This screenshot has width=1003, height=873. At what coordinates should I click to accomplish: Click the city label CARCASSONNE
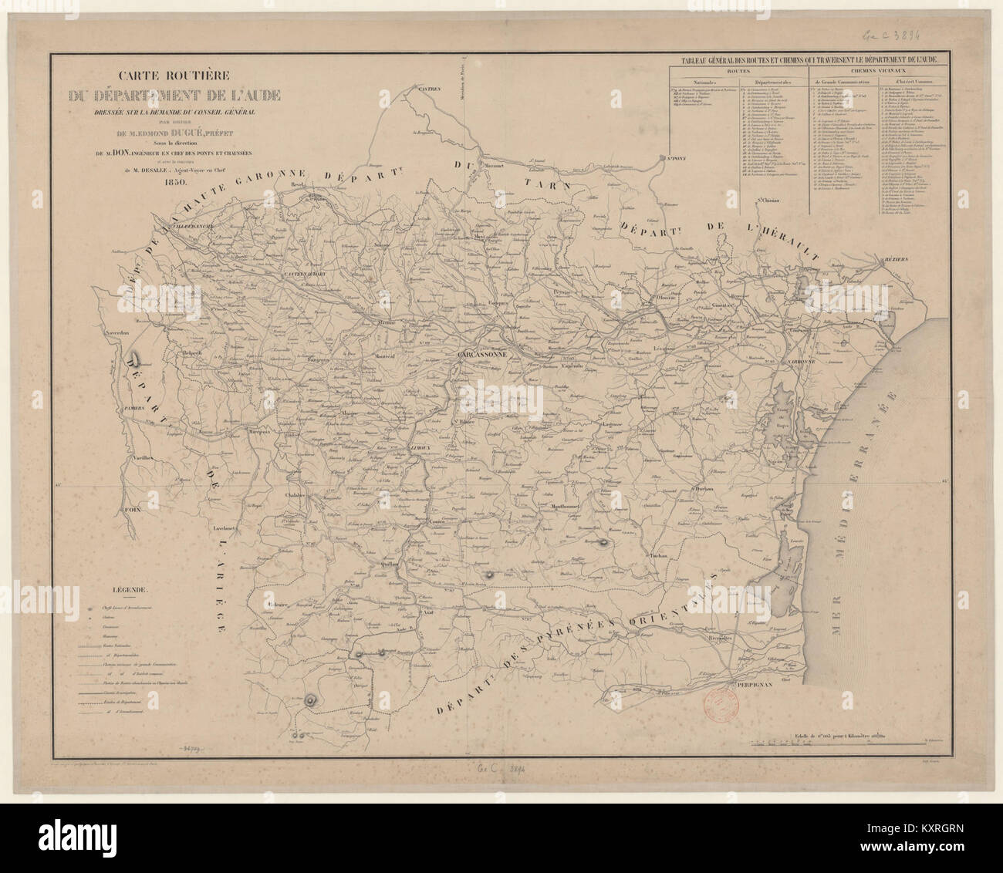click(x=481, y=355)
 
